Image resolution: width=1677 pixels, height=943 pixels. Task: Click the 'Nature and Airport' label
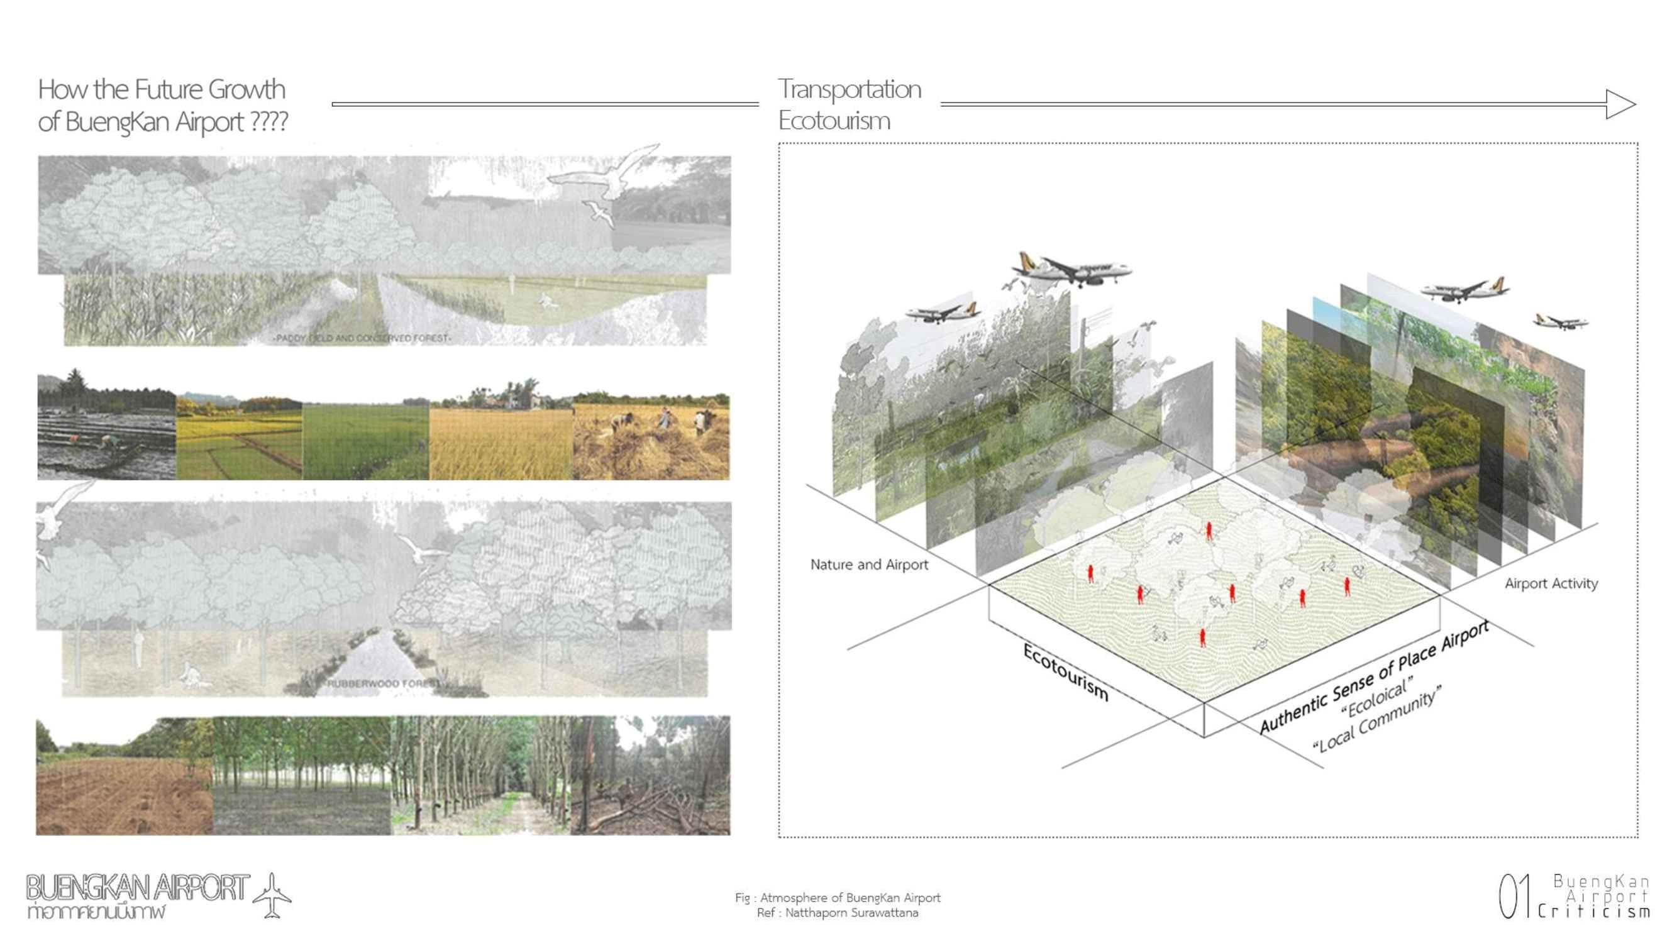(868, 565)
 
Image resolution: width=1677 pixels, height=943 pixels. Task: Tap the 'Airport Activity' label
(1551, 584)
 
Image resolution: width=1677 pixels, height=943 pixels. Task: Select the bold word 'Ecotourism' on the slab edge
(1065, 671)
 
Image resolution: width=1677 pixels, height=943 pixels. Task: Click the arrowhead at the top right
(1620, 104)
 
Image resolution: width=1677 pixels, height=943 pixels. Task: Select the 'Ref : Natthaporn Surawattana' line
(837, 913)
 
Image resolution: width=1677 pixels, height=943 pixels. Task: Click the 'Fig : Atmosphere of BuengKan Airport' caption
(837, 898)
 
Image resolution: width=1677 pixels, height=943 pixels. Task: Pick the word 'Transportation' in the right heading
(850, 89)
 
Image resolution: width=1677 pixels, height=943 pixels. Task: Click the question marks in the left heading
(268, 121)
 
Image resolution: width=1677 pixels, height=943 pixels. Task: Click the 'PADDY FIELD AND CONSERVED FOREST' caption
(362, 338)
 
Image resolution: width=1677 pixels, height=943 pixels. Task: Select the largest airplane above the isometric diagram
(1071, 270)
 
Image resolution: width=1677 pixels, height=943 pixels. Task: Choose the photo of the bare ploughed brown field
(125, 781)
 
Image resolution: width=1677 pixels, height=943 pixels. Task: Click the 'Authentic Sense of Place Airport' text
(1374, 677)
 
